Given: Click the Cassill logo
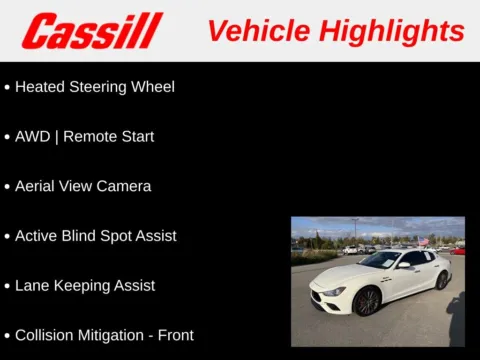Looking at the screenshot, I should coord(92,31).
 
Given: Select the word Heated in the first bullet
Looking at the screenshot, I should coord(40,87).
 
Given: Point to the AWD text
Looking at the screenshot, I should coord(33,137).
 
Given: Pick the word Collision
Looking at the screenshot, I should coord(46,335).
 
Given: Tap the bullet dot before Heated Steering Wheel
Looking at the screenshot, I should coord(7,88).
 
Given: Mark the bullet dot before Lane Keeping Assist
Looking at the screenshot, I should coord(7,286).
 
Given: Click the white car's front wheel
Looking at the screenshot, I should coord(367,301).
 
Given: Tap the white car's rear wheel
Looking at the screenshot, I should coord(441,279).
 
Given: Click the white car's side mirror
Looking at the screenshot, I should coord(404,265).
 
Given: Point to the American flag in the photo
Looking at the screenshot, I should coord(430,240).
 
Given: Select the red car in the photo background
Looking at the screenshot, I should coord(458,251).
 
